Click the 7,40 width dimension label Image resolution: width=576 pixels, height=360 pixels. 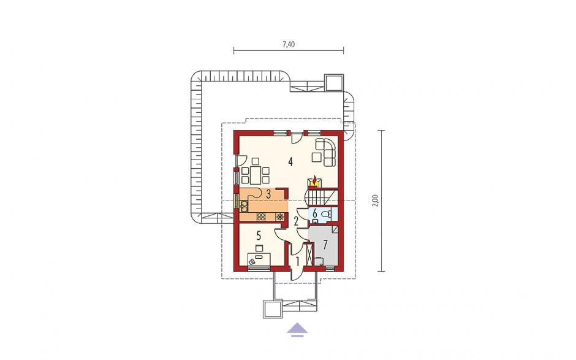[289, 45]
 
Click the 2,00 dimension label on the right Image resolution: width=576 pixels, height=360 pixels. [374, 201]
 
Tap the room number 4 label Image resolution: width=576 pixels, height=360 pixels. [290, 161]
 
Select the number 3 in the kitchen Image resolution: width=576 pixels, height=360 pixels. [268, 194]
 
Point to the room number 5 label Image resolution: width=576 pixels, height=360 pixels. [259, 235]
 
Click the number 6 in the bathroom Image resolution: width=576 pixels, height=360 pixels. [315, 213]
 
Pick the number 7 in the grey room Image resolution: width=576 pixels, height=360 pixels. [325, 245]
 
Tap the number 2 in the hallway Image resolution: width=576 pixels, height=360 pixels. [296, 221]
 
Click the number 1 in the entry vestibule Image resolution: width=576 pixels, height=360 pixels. [298, 261]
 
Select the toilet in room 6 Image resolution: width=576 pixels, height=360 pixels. [325, 213]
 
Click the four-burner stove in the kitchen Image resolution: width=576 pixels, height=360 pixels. [262, 217]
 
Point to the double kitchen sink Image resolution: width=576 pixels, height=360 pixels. [244, 206]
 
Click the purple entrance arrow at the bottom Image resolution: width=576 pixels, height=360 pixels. [297, 329]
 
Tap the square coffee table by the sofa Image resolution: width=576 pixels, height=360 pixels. [317, 157]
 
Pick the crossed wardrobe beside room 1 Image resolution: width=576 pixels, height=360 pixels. [309, 255]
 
